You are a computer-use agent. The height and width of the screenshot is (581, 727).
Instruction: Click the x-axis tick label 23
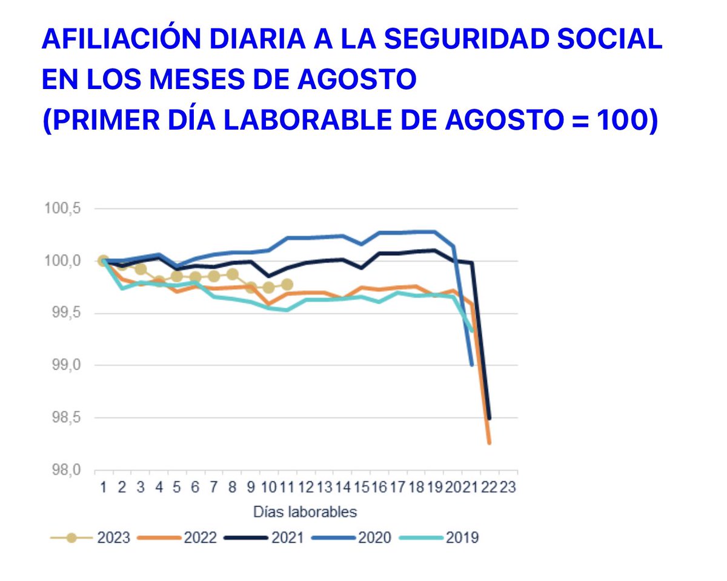pos(508,487)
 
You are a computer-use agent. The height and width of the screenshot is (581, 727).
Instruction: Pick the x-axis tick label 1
pos(104,487)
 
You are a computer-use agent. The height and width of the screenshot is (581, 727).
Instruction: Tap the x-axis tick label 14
pos(342,487)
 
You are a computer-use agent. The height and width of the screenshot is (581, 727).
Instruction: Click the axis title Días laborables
pos(305,512)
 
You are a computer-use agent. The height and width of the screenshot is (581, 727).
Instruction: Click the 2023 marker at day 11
pos(287,284)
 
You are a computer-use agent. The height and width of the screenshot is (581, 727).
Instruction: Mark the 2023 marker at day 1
pos(104,261)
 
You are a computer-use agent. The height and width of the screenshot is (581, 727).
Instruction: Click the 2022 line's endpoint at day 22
pos(489,443)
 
